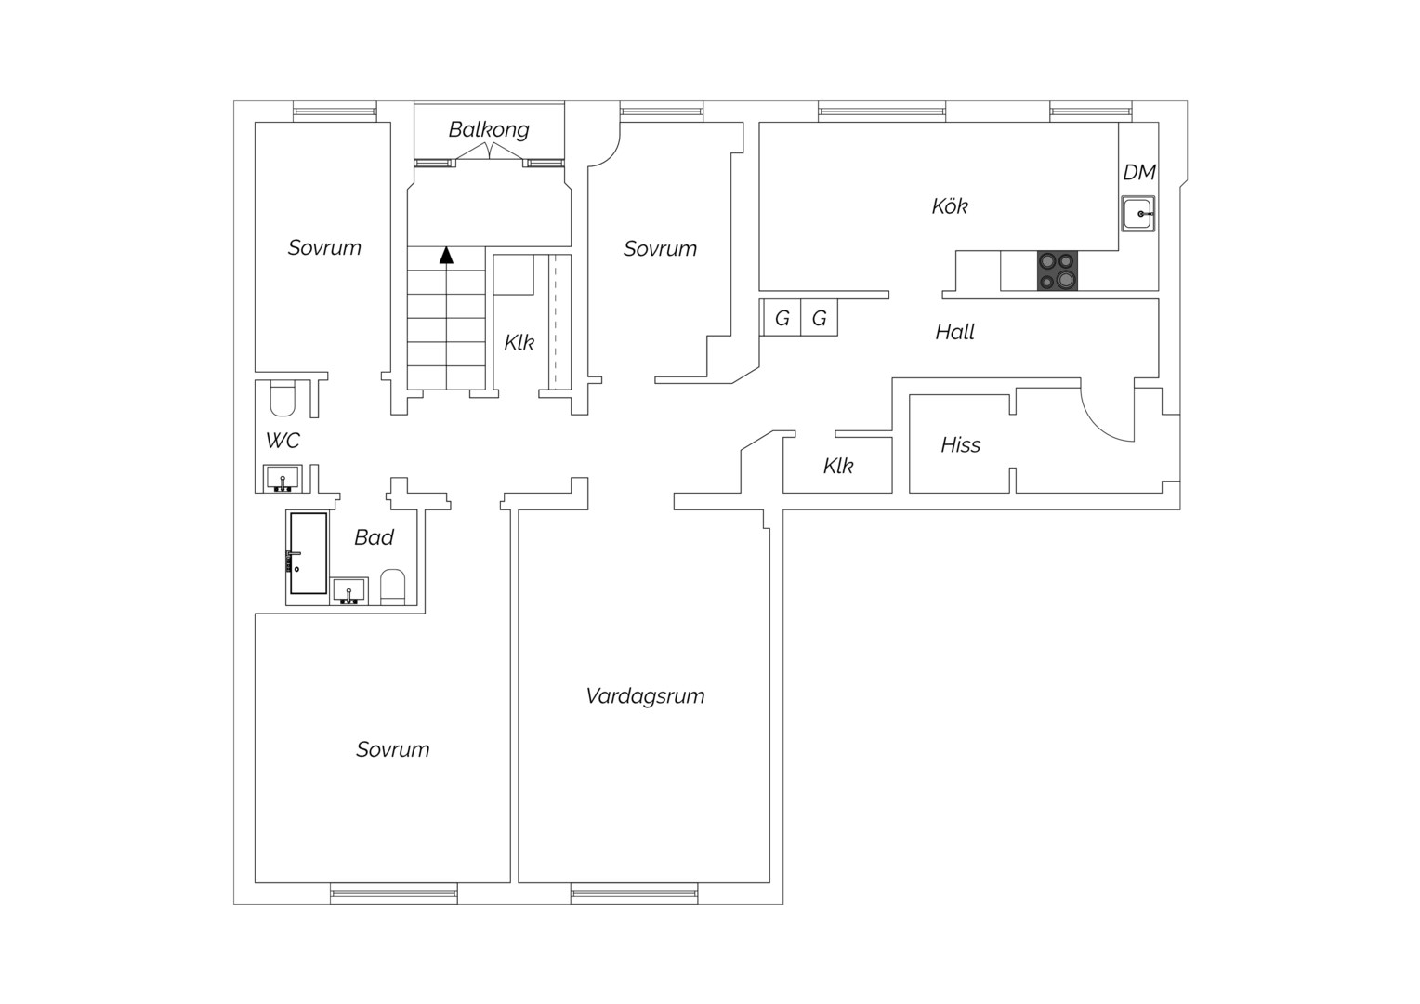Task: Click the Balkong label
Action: tap(489, 129)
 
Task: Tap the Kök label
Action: tap(950, 206)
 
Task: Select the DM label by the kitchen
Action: tap(1139, 173)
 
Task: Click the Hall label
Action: tap(954, 332)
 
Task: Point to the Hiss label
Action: tap(960, 444)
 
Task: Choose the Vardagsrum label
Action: tap(645, 696)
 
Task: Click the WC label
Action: tap(283, 440)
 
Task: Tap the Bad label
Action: tap(374, 537)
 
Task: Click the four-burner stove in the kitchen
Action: tap(1057, 271)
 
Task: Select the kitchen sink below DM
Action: tap(1137, 214)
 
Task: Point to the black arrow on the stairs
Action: tap(446, 255)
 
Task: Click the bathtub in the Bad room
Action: tap(309, 553)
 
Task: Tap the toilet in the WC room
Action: tap(283, 398)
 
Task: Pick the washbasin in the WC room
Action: tap(283, 478)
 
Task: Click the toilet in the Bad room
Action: tap(392, 587)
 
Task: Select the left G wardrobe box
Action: tap(782, 318)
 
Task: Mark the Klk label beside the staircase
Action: tap(519, 342)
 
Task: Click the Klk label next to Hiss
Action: tap(838, 466)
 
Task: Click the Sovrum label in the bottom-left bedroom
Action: tap(392, 749)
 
